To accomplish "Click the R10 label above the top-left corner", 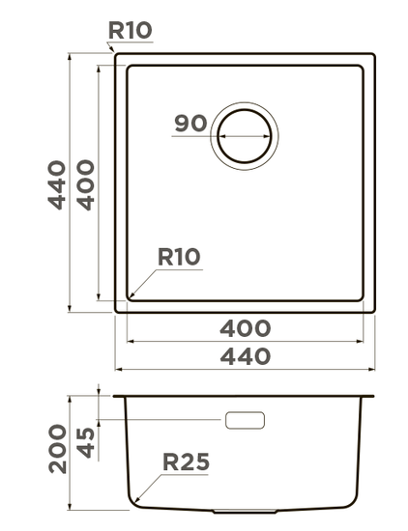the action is tap(131, 30).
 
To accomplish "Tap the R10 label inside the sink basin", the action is tap(179, 257).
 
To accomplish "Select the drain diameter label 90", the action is tap(190, 124).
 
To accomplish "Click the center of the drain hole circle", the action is tap(245, 136).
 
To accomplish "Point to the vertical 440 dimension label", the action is tap(57, 185).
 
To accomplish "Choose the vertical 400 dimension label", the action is tap(85, 185).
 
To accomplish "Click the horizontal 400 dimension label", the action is tap(246, 328).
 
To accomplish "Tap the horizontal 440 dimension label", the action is tap(246, 356).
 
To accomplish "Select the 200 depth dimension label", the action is tap(58, 448).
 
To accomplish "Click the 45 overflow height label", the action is tap(85, 443).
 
